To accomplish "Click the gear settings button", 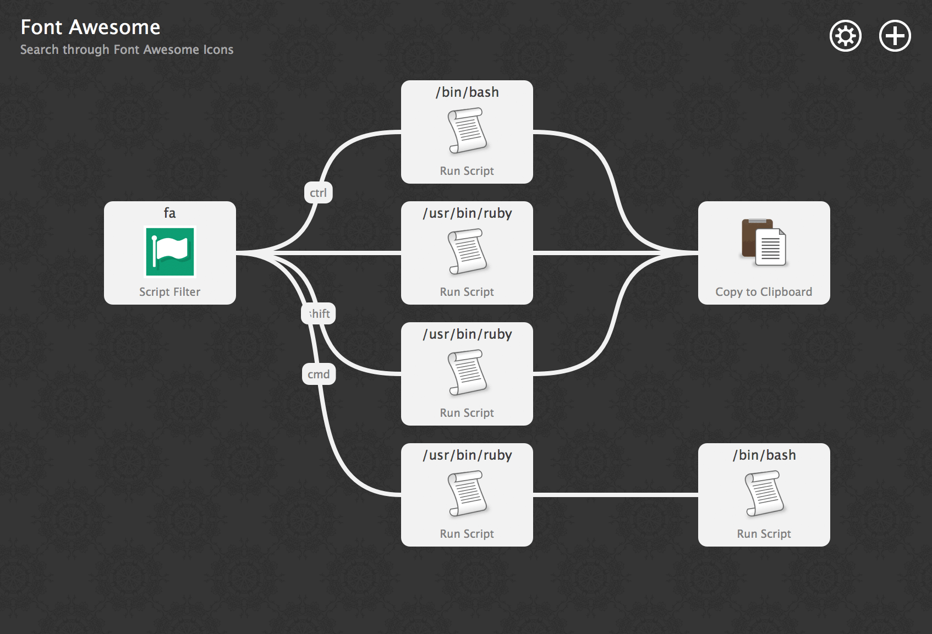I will click(845, 36).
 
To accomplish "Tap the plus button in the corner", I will click(895, 36).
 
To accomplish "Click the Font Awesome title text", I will click(90, 27).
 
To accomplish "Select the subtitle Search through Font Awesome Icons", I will click(127, 49).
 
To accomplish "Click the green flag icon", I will click(170, 251).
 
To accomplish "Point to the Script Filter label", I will click(169, 292).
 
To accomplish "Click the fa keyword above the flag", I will click(169, 213).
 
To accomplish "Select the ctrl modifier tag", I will click(318, 193).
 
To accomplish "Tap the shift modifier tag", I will click(319, 314).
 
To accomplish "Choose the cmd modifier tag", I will click(319, 374).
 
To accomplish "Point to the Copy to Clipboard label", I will click(764, 292).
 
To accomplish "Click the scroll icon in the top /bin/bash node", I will click(467, 130).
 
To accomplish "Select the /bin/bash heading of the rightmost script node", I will click(764, 455).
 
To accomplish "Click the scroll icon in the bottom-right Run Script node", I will click(764, 493).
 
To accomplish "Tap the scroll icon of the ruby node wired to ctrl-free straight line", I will click(467, 251).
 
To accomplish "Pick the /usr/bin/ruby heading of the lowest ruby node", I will click(467, 455).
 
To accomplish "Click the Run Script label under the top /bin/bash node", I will click(467, 171).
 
